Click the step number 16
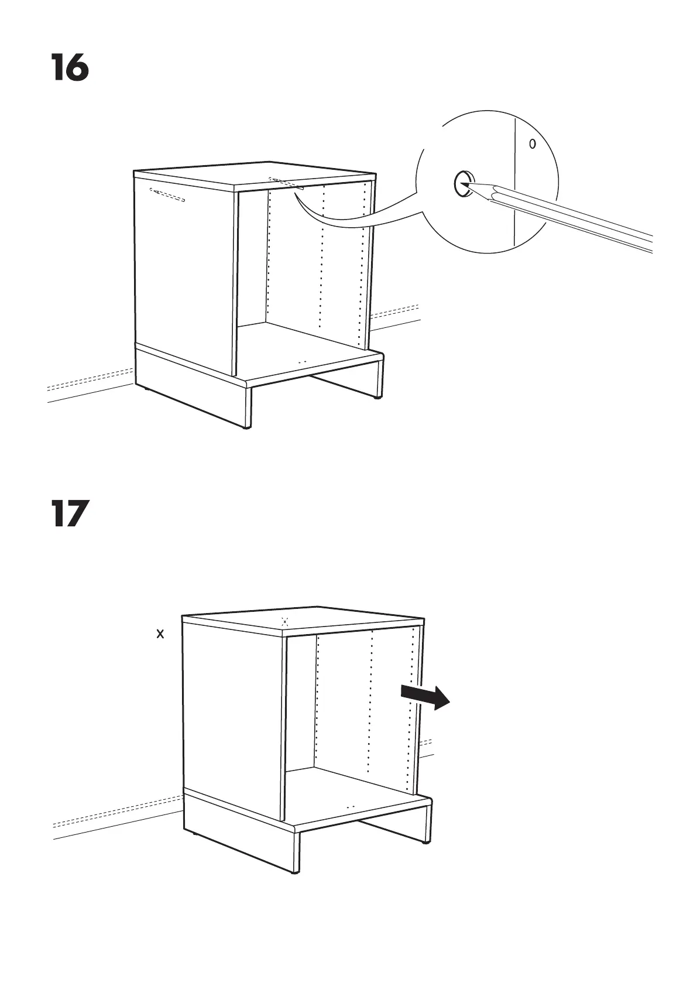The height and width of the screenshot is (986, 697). [70, 67]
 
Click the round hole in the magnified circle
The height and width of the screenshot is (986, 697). [462, 184]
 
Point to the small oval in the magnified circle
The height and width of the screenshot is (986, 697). [531, 143]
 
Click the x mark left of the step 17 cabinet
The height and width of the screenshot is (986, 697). [160, 634]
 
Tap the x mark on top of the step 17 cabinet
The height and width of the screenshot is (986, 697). [284, 621]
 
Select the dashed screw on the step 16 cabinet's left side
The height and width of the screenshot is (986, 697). [167, 195]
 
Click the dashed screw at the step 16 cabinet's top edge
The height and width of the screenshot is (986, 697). [284, 183]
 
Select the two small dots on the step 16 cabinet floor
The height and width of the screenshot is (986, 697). [302, 362]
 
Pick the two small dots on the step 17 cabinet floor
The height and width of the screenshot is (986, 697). [351, 806]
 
